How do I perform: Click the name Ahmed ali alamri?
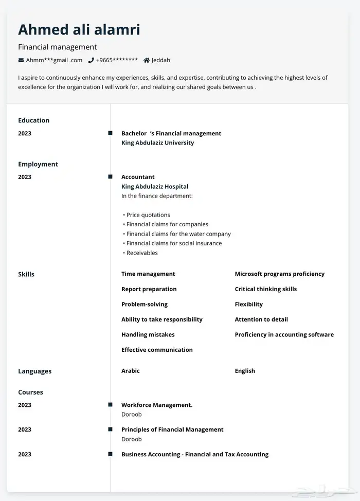(79, 29)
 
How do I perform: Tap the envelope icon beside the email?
(21, 60)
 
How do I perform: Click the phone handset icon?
(91, 60)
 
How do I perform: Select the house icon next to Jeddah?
(147, 60)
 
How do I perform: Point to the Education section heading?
(34, 120)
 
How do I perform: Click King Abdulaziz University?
(157, 143)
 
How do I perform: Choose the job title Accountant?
(138, 177)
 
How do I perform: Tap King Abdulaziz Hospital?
(155, 187)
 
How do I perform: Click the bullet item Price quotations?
(148, 215)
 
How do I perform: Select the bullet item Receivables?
(142, 253)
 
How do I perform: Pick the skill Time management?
(148, 274)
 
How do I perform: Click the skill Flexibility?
(249, 305)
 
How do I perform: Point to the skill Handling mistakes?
(148, 335)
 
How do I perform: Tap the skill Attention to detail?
(261, 319)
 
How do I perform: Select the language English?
(245, 371)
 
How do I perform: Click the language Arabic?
(131, 371)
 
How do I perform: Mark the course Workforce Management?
(157, 405)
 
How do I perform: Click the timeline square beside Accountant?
(110, 177)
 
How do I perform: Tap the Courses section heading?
(31, 392)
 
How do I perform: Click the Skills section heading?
(26, 274)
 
